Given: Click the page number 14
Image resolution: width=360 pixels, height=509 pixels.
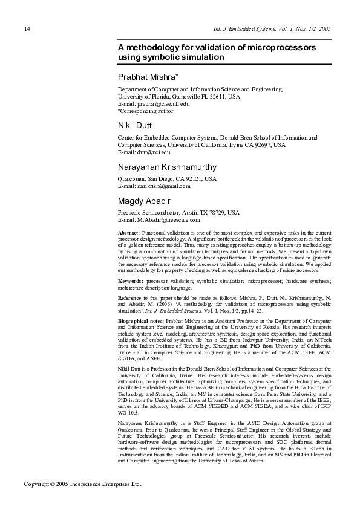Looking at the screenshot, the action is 27,28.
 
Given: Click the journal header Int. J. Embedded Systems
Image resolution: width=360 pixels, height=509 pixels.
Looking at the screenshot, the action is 248,28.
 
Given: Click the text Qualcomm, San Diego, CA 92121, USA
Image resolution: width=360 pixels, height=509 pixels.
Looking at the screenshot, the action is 166,179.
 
